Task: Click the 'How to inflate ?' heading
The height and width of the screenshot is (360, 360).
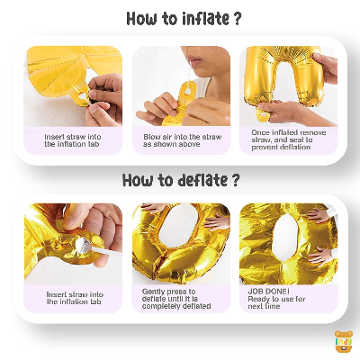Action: pyautogui.click(x=184, y=19)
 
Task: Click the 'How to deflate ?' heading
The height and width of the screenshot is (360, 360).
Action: pyautogui.click(x=181, y=180)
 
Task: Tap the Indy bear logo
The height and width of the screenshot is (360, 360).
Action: pyautogui.click(x=344, y=342)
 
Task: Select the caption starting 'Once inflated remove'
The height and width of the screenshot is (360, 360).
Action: pyautogui.click(x=289, y=139)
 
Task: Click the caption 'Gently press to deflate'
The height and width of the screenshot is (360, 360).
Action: pyautogui.click(x=176, y=299)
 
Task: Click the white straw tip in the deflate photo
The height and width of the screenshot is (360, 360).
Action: pyautogui.click(x=84, y=246)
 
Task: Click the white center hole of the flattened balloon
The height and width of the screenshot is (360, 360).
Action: pyautogui.click(x=286, y=236)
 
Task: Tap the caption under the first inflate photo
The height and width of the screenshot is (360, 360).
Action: pyautogui.click(x=73, y=140)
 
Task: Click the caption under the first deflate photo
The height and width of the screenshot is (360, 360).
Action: pyautogui.click(x=74, y=298)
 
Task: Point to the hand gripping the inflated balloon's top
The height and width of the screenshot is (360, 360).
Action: pyautogui.click(x=326, y=66)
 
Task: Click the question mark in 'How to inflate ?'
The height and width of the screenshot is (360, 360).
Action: pyautogui.click(x=237, y=19)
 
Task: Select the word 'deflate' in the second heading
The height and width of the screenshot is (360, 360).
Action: pyautogui.click(x=202, y=180)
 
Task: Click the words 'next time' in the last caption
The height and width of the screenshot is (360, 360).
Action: pyautogui.click(x=264, y=306)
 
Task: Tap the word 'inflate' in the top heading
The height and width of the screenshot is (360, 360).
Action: pyautogui.click(x=206, y=19)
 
